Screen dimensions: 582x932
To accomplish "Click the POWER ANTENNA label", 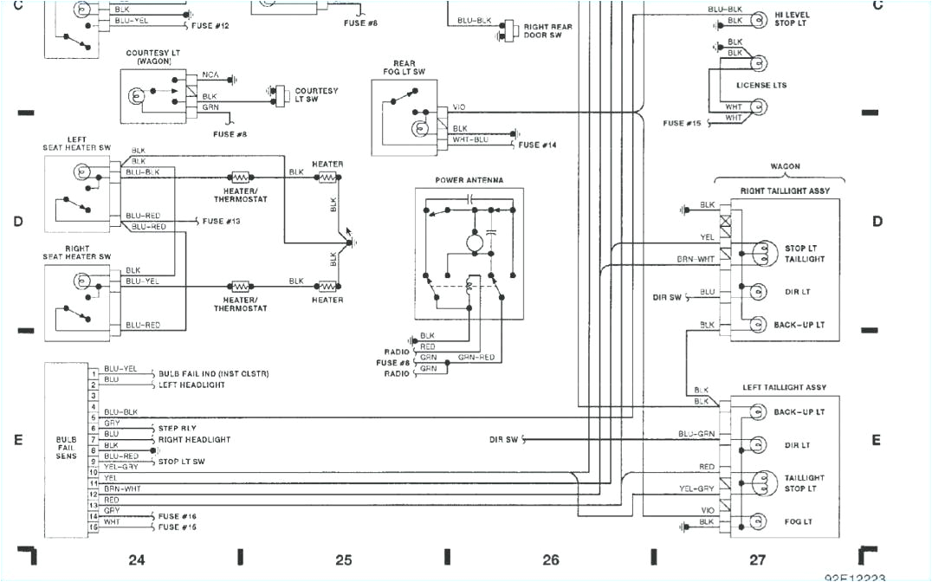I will pyautogui.click(x=469, y=180).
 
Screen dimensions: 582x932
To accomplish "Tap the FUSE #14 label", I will pyautogui.click(x=537, y=145).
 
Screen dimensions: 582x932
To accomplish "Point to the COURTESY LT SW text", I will pyautogui.click(x=316, y=94).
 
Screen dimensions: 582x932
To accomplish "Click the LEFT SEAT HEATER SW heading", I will pyautogui.click(x=77, y=143).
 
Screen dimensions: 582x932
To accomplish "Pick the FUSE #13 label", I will pyautogui.click(x=221, y=221).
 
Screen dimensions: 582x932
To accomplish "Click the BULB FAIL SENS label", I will pyautogui.click(x=66, y=447).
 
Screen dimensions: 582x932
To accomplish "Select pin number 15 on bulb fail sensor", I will pyautogui.click(x=92, y=527).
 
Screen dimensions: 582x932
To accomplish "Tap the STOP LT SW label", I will pyautogui.click(x=181, y=462).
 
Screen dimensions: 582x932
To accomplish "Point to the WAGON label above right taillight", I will pyautogui.click(x=785, y=166).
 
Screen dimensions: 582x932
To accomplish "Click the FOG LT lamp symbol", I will pyautogui.click(x=758, y=521).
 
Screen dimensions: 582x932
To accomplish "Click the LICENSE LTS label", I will pyautogui.click(x=761, y=85).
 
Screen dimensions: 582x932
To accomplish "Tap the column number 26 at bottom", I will pyautogui.click(x=550, y=559).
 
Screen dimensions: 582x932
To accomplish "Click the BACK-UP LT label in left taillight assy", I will pyautogui.click(x=799, y=412).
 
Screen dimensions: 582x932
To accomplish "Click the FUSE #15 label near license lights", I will pyautogui.click(x=682, y=123).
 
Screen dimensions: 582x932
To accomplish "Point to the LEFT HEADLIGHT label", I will pyautogui.click(x=191, y=385).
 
